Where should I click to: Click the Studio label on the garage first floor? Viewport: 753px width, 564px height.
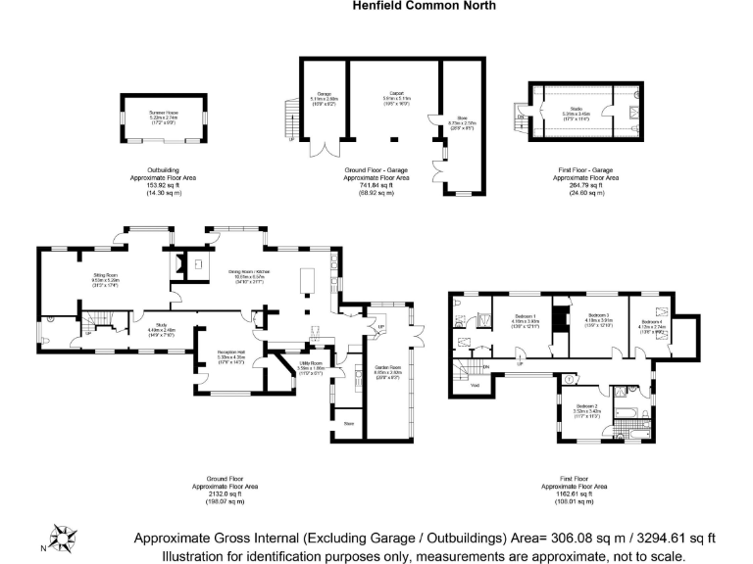(582, 110)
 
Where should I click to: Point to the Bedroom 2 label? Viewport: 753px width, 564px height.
(586, 405)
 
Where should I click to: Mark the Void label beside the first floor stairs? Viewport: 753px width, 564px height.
(475, 385)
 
